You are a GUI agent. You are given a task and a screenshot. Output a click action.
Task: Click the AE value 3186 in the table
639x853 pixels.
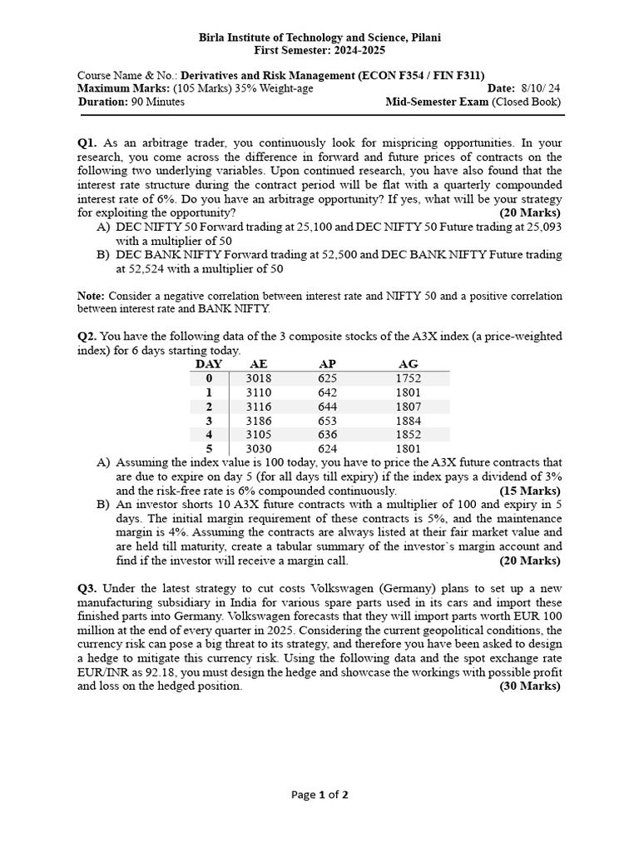pyautogui.click(x=258, y=421)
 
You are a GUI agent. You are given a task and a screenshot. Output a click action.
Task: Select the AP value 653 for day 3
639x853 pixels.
pyautogui.click(x=328, y=421)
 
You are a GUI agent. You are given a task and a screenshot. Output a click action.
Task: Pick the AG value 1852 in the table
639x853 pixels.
pyautogui.click(x=409, y=435)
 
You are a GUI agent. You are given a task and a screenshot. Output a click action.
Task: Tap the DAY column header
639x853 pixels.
pyautogui.click(x=209, y=364)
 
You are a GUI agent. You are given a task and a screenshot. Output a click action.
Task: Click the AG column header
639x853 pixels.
pyautogui.click(x=409, y=364)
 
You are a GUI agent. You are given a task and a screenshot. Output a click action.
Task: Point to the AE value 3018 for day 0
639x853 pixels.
pyautogui.click(x=258, y=378)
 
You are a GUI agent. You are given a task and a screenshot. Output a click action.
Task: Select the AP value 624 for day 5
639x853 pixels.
pyautogui.click(x=328, y=449)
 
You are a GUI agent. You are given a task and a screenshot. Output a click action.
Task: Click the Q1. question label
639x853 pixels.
pyautogui.click(x=87, y=143)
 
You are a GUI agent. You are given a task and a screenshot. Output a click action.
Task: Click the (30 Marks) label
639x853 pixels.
pyautogui.click(x=530, y=686)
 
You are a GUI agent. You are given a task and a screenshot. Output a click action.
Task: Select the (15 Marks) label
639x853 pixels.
pyautogui.click(x=531, y=491)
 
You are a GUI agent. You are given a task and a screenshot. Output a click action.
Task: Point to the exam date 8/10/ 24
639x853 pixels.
pyautogui.click(x=541, y=88)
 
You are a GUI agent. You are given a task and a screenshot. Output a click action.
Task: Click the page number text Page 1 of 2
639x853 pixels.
pyautogui.click(x=319, y=795)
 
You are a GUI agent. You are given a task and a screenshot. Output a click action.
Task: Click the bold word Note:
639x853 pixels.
pyautogui.click(x=91, y=296)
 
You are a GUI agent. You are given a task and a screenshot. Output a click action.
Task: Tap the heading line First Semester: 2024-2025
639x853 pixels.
pyautogui.click(x=319, y=50)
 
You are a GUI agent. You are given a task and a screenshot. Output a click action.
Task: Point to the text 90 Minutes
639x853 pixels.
pyautogui.click(x=158, y=102)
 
